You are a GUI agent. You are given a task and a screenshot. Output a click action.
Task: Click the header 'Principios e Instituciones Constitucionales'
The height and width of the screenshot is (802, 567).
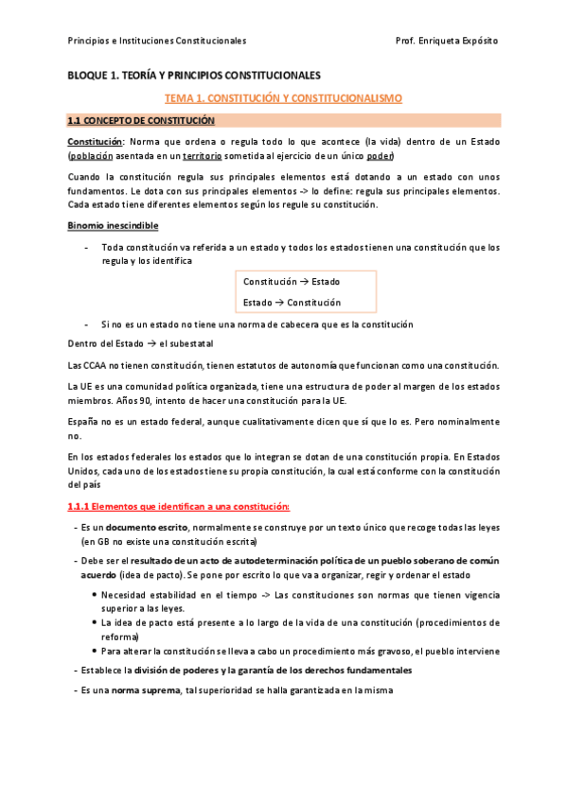pyautogui.click(x=157, y=41)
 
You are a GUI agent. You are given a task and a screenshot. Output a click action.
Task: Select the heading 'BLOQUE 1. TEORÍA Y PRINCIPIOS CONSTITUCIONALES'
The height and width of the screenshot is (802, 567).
pyautogui.click(x=194, y=75)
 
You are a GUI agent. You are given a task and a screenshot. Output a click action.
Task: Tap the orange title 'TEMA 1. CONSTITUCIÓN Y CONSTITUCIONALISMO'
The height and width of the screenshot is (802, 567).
pyautogui.click(x=284, y=97)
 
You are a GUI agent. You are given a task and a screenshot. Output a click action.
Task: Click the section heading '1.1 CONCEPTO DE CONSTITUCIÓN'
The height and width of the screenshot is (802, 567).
pyautogui.click(x=140, y=121)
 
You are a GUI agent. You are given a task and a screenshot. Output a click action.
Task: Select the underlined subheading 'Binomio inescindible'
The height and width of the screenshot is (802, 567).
pyautogui.click(x=113, y=225)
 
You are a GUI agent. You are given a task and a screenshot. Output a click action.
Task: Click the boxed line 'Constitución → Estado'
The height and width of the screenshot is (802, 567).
pyautogui.click(x=292, y=282)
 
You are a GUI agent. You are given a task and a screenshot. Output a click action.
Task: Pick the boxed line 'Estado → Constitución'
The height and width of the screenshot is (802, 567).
pyautogui.click(x=292, y=303)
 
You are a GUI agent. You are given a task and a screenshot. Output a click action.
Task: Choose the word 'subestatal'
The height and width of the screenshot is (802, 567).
pyautogui.click(x=191, y=344)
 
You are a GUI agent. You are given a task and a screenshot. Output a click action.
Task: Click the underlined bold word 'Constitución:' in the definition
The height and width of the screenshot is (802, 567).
pyautogui.click(x=97, y=141)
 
